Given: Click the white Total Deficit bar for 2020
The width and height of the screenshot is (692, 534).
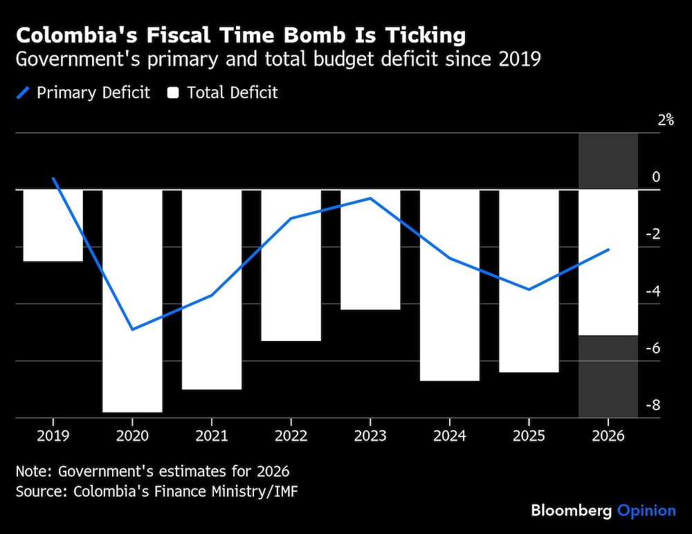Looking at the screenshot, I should (x=132, y=300).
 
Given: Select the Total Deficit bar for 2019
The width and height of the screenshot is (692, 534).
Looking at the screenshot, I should (x=53, y=225).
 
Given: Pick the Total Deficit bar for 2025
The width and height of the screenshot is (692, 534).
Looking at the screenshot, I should (x=529, y=280).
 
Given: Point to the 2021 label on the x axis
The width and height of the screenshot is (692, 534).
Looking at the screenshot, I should (x=212, y=436).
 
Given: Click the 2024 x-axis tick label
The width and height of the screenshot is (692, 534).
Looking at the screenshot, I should (x=450, y=436).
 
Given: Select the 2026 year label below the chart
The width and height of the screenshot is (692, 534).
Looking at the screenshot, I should (x=608, y=436).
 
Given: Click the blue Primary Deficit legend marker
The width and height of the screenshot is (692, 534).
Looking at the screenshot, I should (x=24, y=93).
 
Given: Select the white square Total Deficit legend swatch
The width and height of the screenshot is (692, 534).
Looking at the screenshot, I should (x=173, y=93).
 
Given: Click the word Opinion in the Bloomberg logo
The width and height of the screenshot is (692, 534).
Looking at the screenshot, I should (x=646, y=510).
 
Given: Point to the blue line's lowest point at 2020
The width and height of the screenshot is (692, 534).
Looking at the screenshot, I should (x=132, y=329).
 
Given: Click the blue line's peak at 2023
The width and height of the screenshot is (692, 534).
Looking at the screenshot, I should (x=370, y=199).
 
